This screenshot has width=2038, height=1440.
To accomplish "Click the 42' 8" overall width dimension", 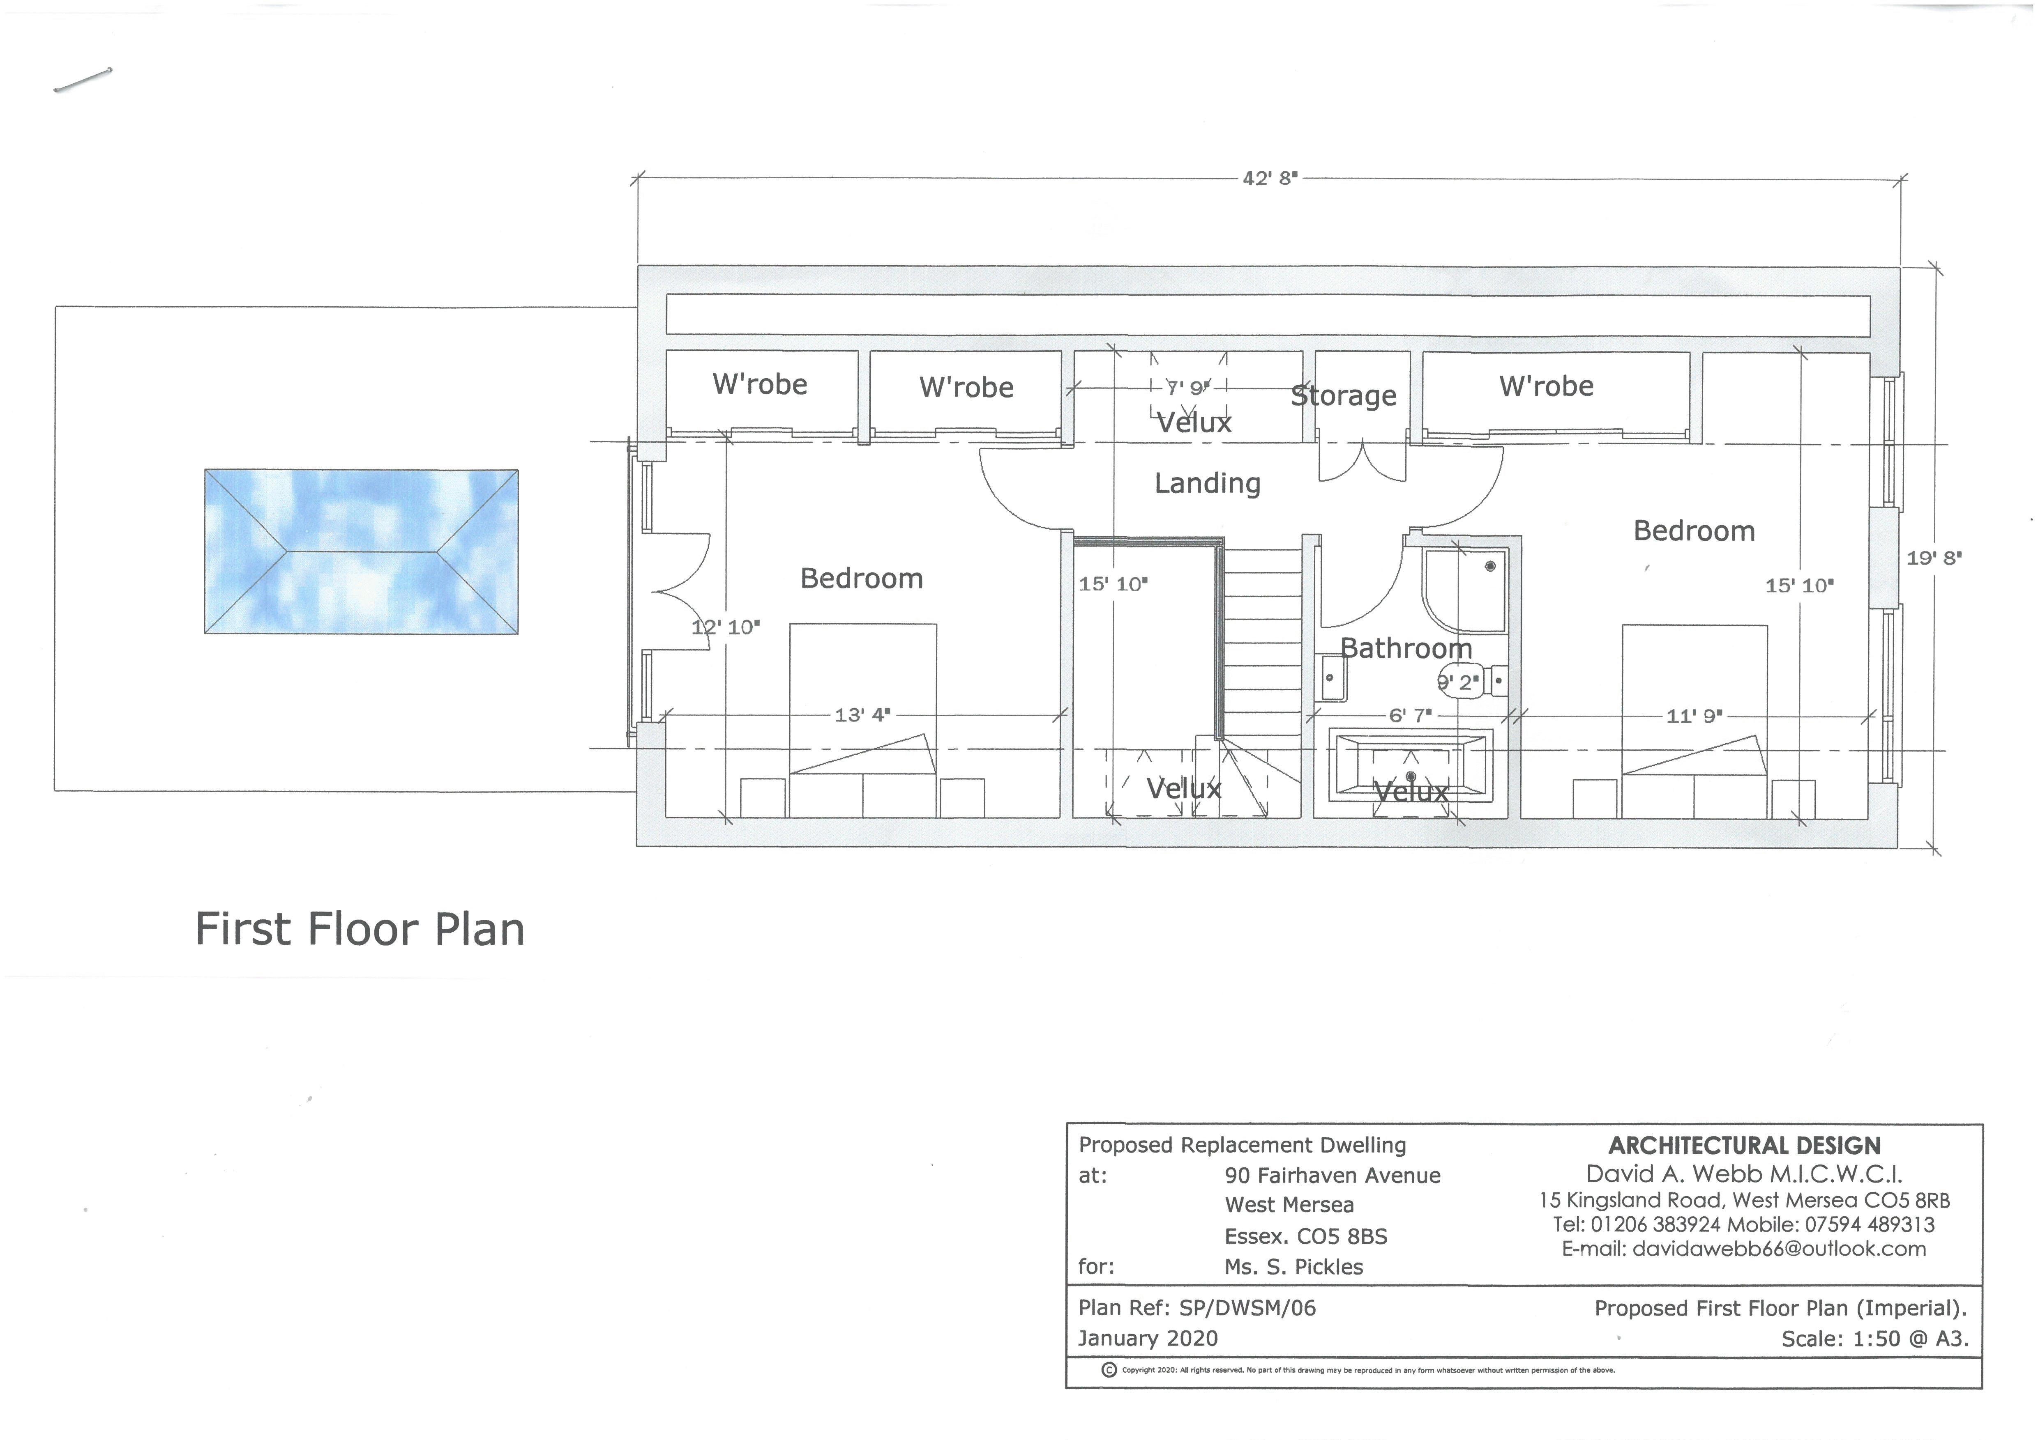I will [x=1269, y=178].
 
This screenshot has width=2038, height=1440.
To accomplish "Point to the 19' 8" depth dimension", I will [x=1933, y=558].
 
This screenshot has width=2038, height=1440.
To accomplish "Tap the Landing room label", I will [x=1207, y=484].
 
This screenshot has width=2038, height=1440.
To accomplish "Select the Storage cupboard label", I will [x=1343, y=396].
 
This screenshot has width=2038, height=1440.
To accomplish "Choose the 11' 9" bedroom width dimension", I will [x=1694, y=716].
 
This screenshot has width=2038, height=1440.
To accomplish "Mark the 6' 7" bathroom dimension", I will [x=1410, y=715].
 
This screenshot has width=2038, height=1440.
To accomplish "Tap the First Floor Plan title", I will [x=360, y=930].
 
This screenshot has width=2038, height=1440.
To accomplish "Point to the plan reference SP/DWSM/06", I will [x=1247, y=1308].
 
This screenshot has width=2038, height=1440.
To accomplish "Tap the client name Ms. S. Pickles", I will [x=1293, y=1267].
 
